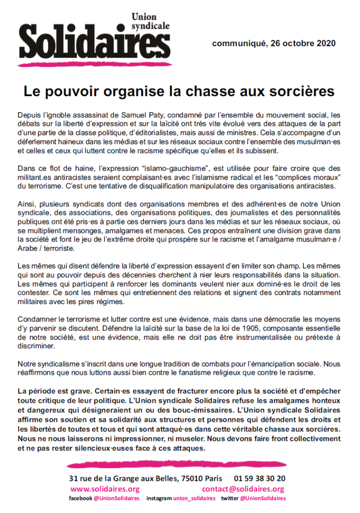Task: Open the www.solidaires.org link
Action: click(105, 489)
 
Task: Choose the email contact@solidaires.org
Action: click(243, 489)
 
